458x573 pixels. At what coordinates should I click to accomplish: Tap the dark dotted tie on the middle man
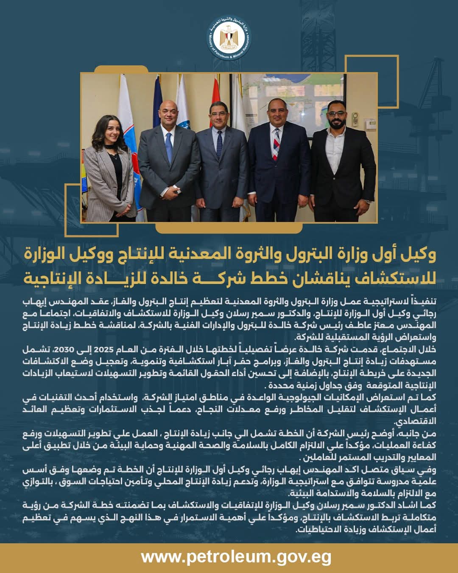click(219, 144)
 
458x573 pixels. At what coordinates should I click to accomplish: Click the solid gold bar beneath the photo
click(229, 228)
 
